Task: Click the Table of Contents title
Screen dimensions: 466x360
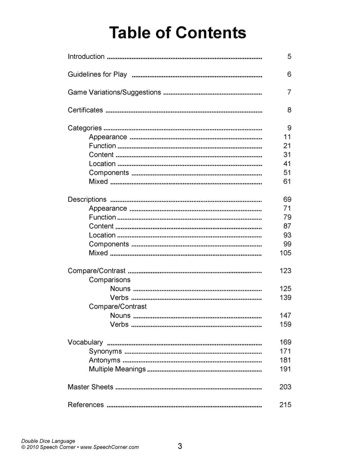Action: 177,33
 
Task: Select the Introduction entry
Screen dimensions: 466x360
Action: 86,57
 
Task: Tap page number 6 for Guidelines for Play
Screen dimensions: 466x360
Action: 289,75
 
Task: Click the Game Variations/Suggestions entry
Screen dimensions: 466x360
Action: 114,92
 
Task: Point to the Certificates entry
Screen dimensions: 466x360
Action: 85,110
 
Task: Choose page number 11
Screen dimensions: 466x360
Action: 287,137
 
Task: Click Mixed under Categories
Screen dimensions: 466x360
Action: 98,182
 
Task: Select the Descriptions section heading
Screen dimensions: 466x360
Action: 87,200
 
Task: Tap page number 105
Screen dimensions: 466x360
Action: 285,253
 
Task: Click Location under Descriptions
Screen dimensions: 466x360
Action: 102,235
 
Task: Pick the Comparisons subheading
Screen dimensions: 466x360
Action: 110,280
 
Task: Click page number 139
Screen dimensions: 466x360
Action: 285,298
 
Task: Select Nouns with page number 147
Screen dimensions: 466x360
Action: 120,316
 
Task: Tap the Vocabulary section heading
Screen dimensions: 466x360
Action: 85,343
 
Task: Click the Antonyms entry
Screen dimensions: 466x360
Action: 104,360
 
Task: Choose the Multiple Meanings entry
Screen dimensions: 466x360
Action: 117,369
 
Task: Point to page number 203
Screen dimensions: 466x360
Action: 285,387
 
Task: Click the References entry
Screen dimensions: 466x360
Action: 86,405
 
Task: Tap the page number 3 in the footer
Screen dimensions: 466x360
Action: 180,446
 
